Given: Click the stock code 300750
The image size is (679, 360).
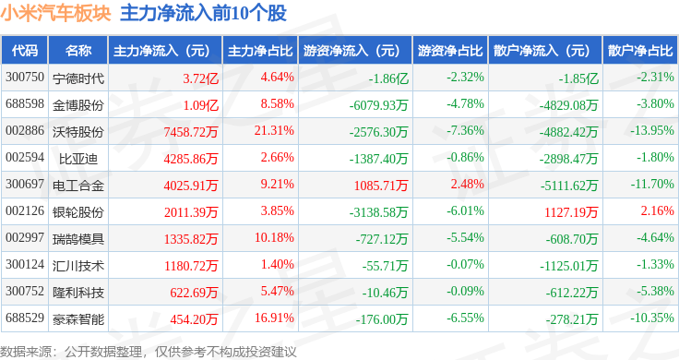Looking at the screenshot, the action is [25, 78].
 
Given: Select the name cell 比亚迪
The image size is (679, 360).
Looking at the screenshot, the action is [78, 159].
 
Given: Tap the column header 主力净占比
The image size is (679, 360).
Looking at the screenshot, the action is [260, 51].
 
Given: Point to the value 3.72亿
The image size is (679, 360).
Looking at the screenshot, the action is [200, 78].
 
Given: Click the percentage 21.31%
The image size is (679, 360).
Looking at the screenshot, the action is [274, 130].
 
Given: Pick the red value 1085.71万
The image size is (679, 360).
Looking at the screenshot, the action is [381, 186].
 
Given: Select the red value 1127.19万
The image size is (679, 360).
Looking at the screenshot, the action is [571, 211].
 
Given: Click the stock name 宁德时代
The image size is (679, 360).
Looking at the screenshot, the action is [78, 78].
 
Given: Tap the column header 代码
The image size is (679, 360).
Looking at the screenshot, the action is [25, 51].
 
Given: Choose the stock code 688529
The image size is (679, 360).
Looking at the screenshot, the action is [25, 318].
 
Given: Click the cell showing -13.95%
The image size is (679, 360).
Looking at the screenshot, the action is [652, 130].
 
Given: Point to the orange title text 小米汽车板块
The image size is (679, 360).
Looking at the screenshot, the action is [56, 13].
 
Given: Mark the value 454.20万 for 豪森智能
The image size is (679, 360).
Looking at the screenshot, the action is [194, 319].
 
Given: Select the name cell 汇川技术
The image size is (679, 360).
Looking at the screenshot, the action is [78, 266].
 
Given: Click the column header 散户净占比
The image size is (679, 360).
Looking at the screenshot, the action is [640, 51].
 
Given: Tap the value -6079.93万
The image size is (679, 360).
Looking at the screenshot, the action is [379, 105].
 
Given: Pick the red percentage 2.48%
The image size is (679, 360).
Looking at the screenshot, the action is [467, 184].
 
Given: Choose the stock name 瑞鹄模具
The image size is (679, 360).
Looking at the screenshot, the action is [78, 239].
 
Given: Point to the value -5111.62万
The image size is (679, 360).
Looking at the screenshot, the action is [569, 186].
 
